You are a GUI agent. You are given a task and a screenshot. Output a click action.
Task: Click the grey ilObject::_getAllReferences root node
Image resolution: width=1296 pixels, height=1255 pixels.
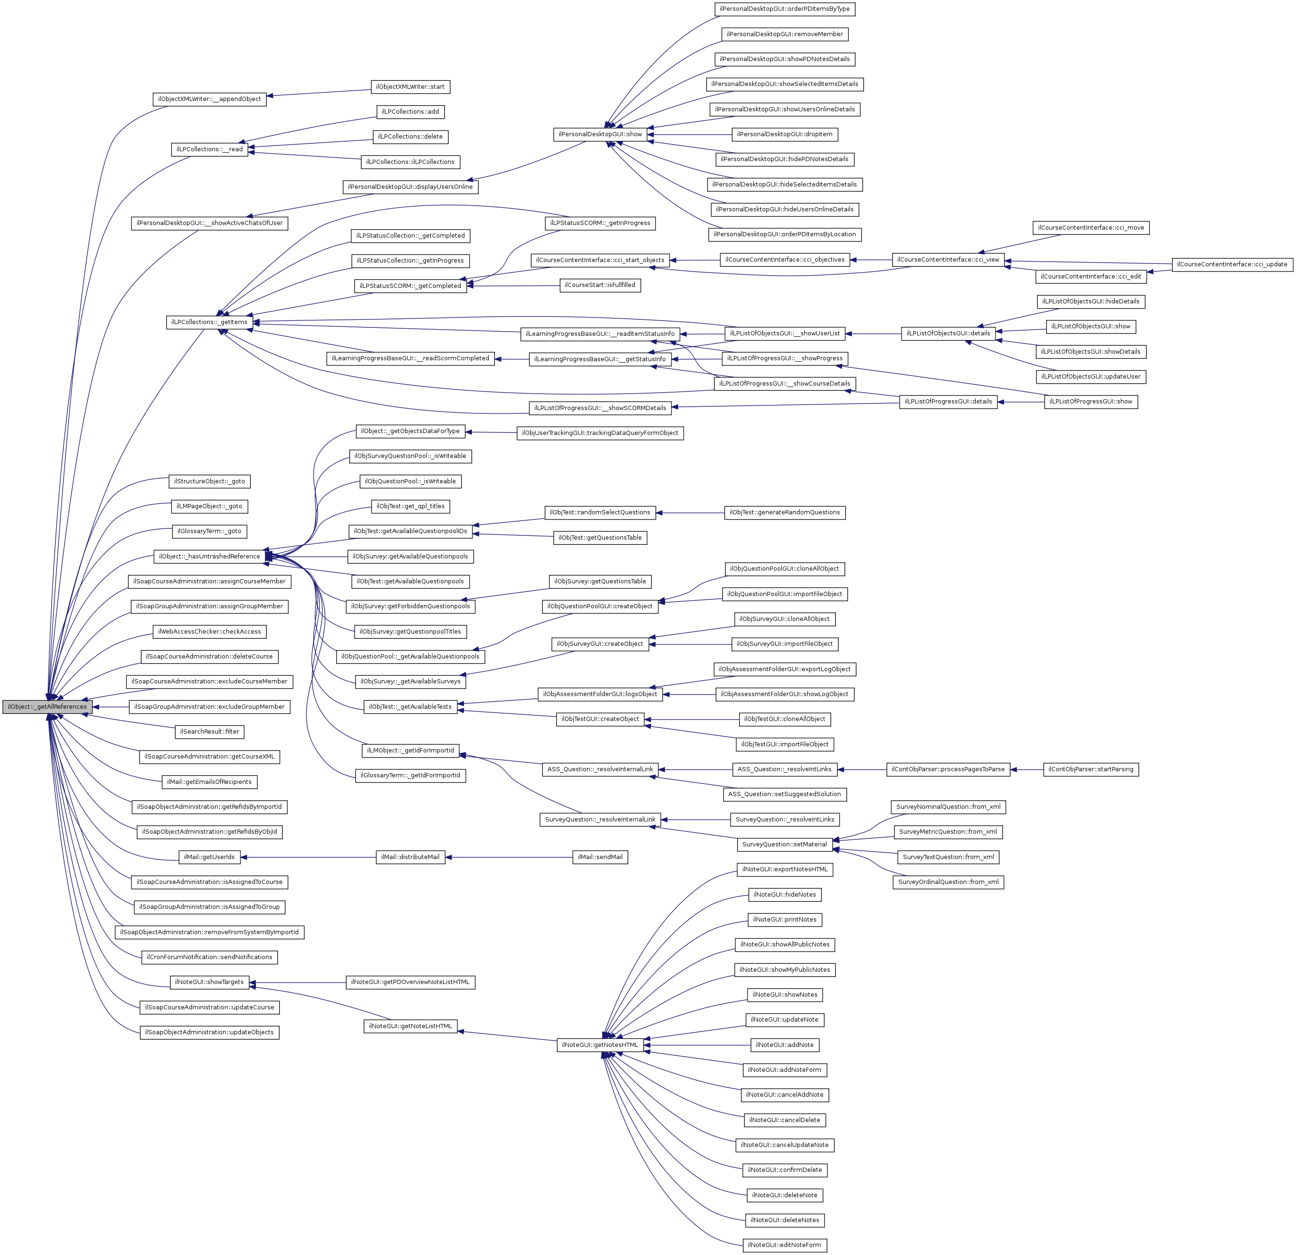pyautogui.click(x=47, y=707)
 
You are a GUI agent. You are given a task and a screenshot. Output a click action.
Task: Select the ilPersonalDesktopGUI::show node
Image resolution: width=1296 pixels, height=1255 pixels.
pyautogui.click(x=600, y=134)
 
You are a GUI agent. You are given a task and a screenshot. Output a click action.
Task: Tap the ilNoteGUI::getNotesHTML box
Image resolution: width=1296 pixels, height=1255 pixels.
pyautogui.click(x=600, y=1045)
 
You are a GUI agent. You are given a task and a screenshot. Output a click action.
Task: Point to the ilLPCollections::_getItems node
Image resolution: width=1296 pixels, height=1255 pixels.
pyautogui.click(x=209, y=322)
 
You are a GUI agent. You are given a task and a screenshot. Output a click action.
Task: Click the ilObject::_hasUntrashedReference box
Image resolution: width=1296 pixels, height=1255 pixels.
pyautogui.click(x=209, y=556)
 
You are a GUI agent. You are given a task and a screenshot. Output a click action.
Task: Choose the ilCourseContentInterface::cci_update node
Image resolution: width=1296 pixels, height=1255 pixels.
pyautogui.click(x=1232, y=264)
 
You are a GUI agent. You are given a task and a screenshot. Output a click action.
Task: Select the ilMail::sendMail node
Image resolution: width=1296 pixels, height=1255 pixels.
pyautogui.click(x=600, y=857)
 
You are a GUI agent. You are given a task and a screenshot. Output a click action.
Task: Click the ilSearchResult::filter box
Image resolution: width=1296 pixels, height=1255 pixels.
pyautogui.click(x=209, y=731)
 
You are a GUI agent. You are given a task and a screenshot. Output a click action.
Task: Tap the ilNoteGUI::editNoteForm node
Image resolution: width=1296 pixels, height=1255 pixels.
pyautogui.click(x=784, y=1245)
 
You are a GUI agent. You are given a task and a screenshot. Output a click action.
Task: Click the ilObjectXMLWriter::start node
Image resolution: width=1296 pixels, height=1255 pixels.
pyautogui.click(x=410, y=86)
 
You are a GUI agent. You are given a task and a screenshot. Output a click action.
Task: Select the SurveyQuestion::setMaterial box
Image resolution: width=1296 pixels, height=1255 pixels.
pyautogui.click(x=784, y=844)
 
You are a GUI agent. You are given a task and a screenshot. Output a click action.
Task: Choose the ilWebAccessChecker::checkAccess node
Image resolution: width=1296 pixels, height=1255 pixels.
pyautogui.click(x=209, y=631)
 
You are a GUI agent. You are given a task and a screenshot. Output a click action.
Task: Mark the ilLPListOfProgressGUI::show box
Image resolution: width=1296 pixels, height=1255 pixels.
pyautogui.click(x=1090, y=402)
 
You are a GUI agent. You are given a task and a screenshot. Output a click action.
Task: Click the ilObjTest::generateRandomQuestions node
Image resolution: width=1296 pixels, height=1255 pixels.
pyautogui.click(x=784, y=512)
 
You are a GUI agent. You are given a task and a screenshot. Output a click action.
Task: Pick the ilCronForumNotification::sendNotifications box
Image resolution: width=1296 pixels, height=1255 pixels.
pyautogui.click(x=209, y=957)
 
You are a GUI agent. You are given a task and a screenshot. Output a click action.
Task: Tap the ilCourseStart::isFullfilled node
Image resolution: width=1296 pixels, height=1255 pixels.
pyautogui.click(x=600, y=285)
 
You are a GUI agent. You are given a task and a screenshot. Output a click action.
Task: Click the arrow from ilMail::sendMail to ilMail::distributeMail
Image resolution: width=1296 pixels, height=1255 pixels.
pyautogui.click(x=509, y=858)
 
